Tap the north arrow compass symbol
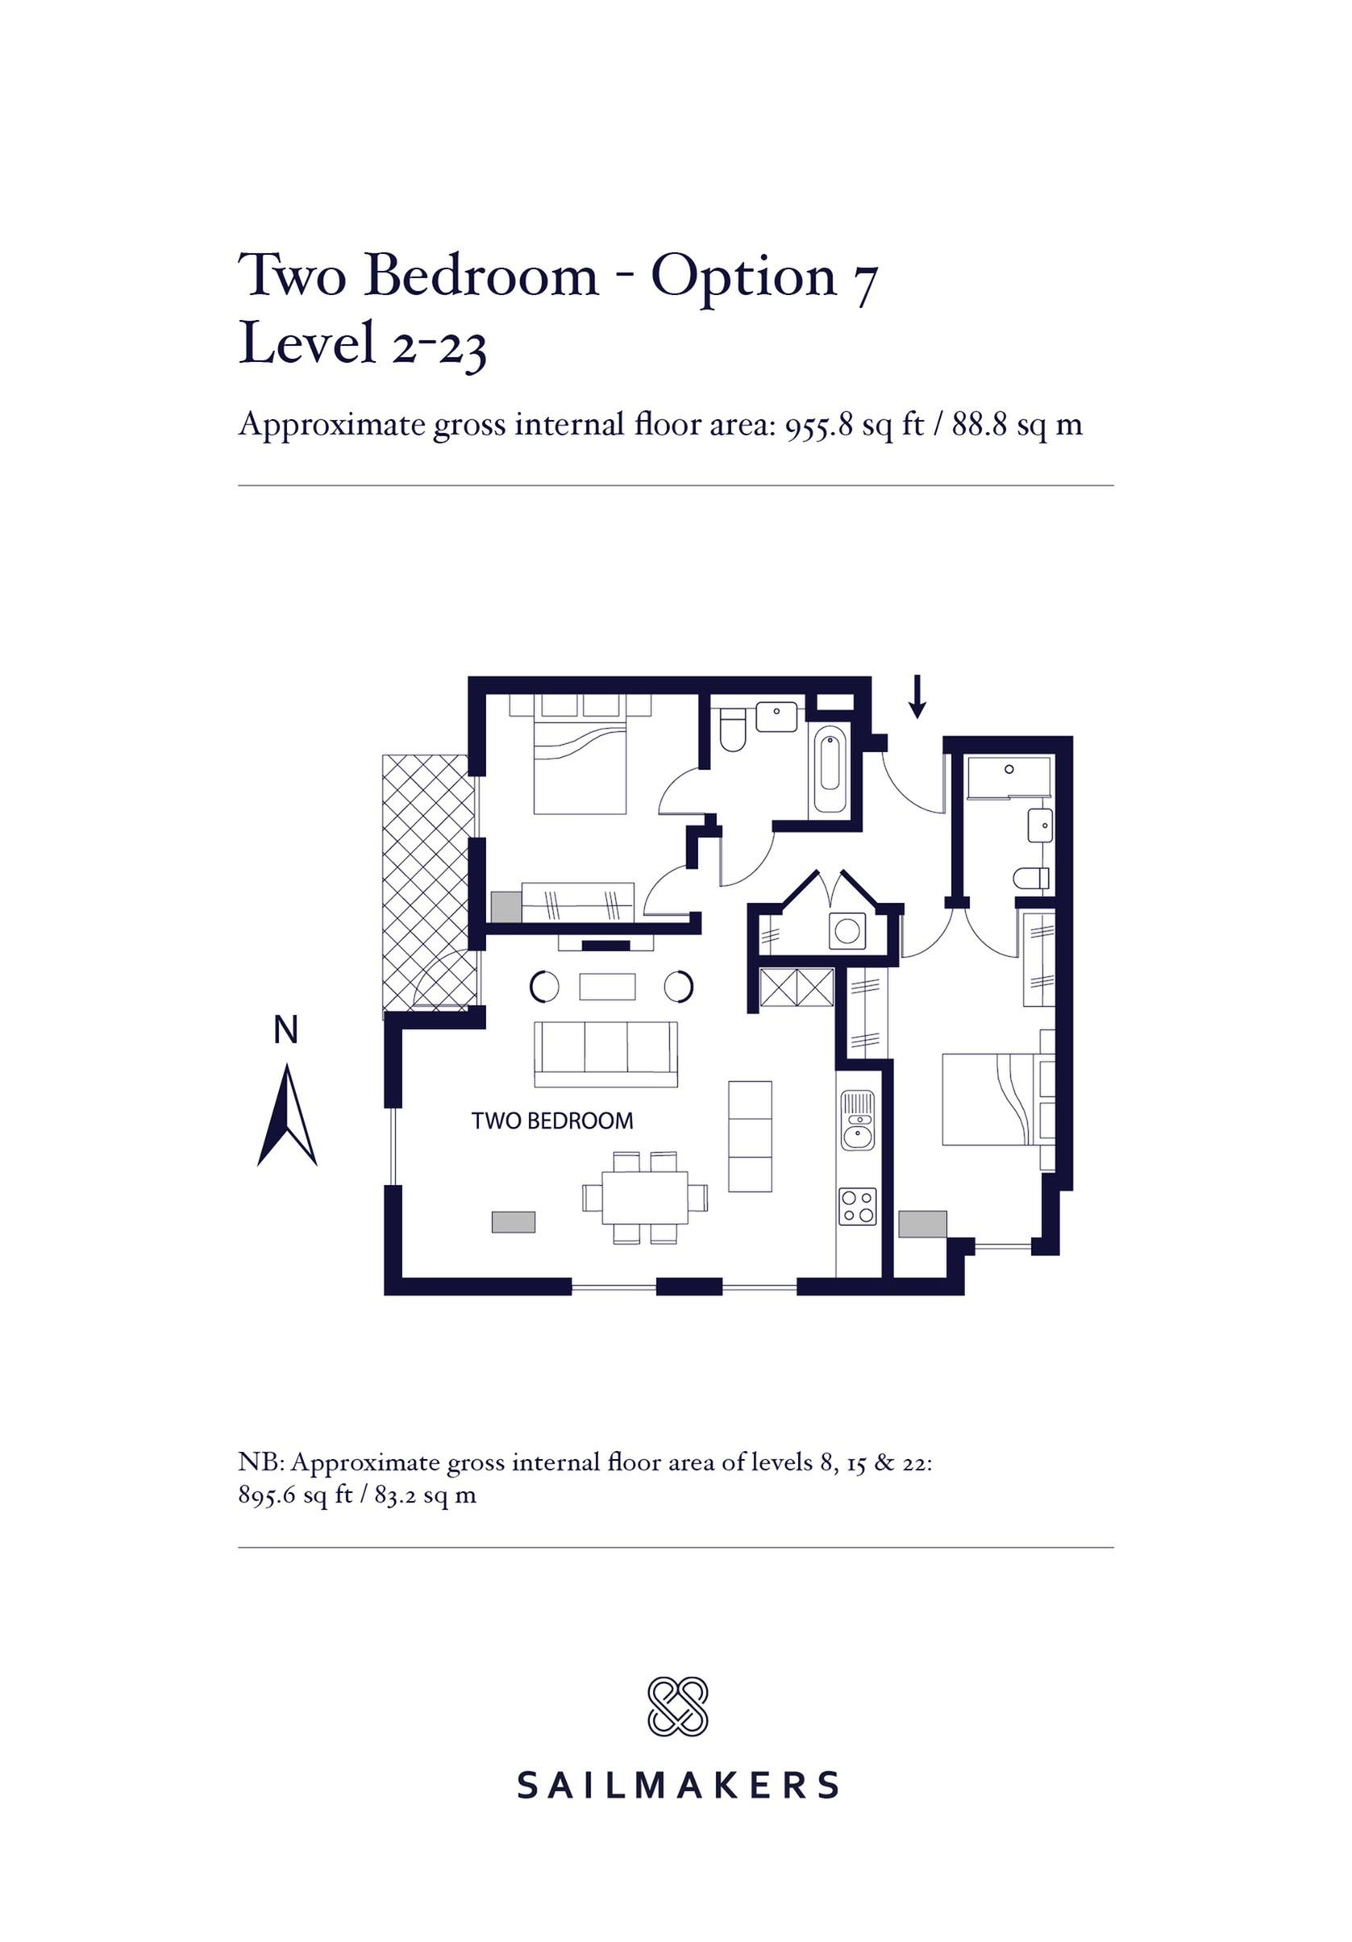(287, 1115)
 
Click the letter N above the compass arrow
(286, 1030)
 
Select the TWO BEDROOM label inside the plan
(551, 1121)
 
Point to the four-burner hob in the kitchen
(857, 1205)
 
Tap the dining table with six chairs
(645, 1197)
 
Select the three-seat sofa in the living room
(605, 1054)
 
